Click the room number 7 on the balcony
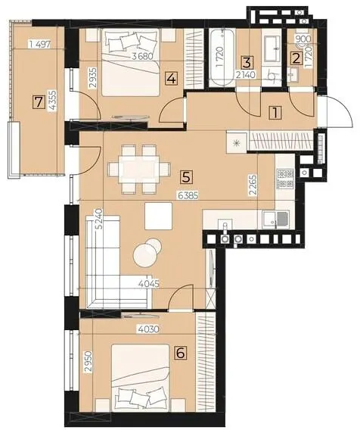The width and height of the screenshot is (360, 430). (x=38, y=102)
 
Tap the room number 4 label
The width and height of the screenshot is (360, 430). (x=172, y=79)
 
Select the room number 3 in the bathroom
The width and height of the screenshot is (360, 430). (x=247, y=62)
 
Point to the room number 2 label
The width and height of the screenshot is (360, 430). (x=296, y=59)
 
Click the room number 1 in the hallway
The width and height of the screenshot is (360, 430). (x=275, y=113)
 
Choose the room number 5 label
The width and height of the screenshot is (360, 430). (x=186, y=177)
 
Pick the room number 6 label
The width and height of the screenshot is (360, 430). (x=181, y=353)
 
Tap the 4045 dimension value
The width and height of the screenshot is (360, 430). (x=149, y=284)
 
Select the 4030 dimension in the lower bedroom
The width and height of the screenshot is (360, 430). (x=148, y=329)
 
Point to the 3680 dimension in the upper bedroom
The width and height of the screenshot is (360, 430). (x=142, y=57)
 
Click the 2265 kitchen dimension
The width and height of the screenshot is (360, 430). (x=253, y=185)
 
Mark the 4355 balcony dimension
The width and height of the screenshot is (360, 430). (x=53, y=101)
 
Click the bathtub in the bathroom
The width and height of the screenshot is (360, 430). (x=222, y=58)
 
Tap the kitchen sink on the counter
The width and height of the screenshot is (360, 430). (x=276, y=220)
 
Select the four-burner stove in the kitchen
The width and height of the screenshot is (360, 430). (x=285, y=179)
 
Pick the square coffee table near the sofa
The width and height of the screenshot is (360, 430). (x=158, y=216)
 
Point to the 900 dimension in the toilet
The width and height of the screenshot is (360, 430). (x=303, y=39)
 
